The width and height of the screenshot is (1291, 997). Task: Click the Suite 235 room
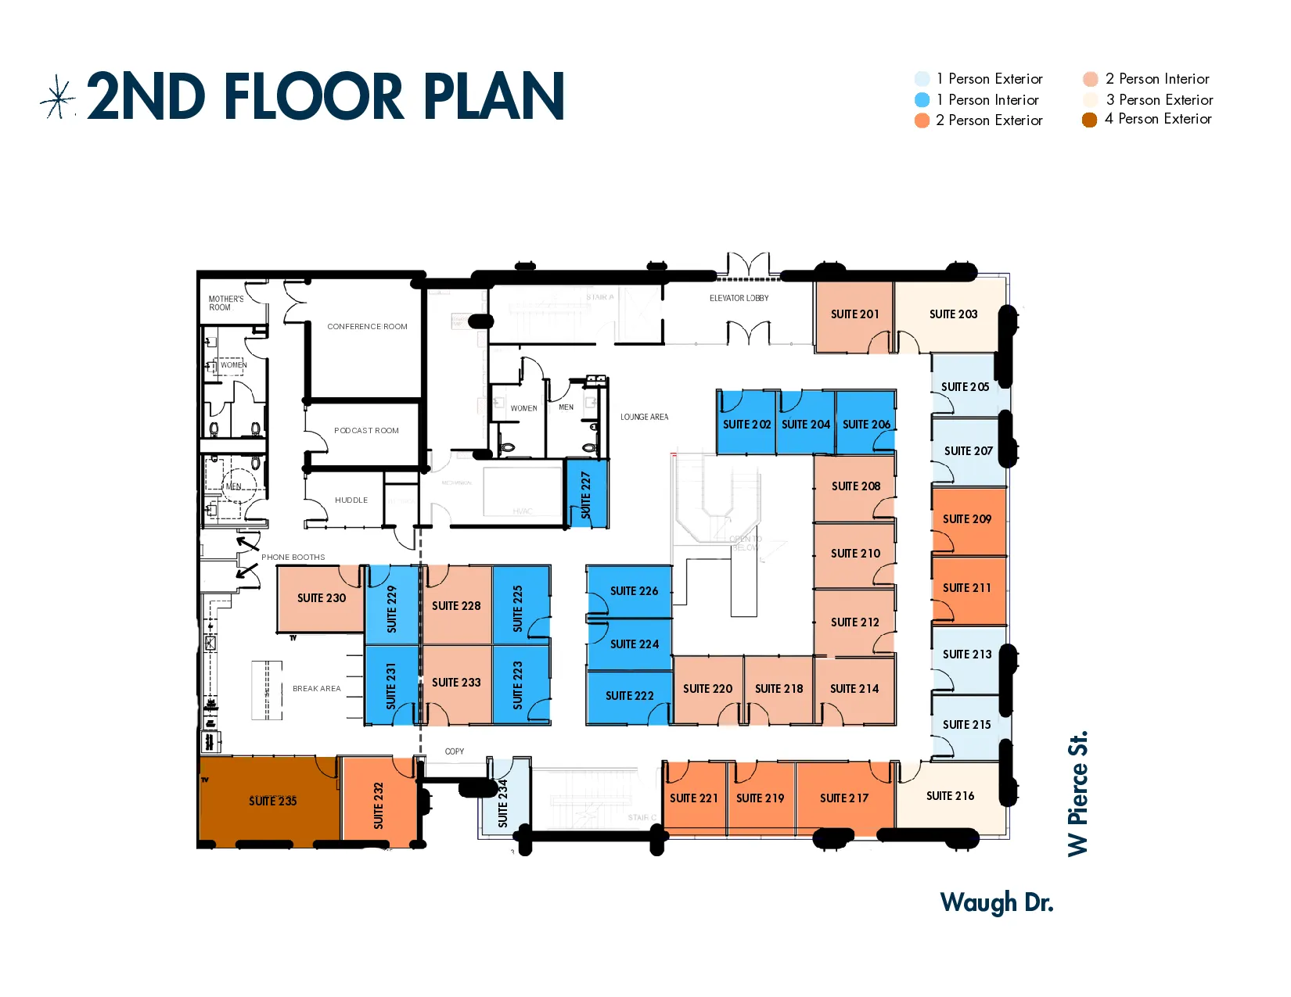point(272,801)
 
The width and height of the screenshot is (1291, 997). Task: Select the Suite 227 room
point(586,494)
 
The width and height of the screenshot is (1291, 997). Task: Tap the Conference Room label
point(367,327)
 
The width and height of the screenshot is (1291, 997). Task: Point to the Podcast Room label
point(366,431)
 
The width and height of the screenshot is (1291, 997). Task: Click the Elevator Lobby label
point(739,298)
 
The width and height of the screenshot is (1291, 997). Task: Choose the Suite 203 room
point(953,314)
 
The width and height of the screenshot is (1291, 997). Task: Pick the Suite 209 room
point(967,519)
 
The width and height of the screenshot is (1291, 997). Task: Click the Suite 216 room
point(950,796)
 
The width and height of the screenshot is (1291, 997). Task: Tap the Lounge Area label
point(644,417)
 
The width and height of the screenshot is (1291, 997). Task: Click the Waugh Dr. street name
point(996,902)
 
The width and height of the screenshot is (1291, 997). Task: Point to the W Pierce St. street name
point(1077,793)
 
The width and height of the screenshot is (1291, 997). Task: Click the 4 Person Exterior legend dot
point(1089,120)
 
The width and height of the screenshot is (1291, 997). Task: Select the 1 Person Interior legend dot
point(922,100)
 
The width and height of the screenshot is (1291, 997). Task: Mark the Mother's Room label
point(225,303)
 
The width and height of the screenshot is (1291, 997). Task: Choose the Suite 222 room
point(629,696)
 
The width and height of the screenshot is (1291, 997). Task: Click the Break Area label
point(316,689)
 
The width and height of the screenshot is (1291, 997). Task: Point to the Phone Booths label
point(293,558)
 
